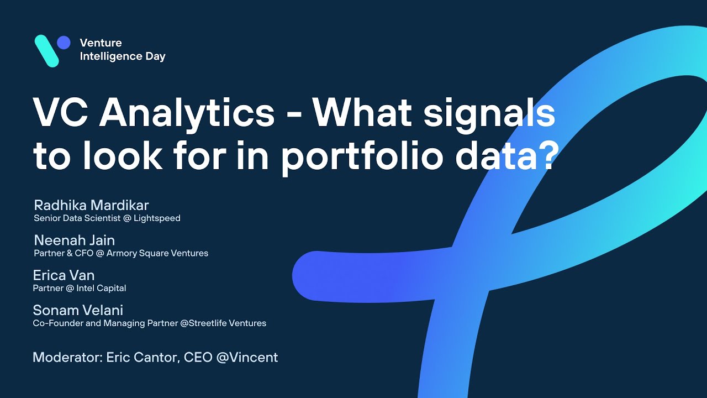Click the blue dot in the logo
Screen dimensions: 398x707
(64, 43)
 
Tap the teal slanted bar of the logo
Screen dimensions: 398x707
(47, 51)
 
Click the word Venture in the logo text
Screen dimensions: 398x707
(101, 43)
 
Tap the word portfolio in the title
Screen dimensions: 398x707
(362, 156)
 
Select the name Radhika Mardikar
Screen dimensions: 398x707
(91, 205)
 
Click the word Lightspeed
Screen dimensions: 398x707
(157, 218)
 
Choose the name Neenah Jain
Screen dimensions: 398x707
(75, 240)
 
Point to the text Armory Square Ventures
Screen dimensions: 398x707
(157, 253)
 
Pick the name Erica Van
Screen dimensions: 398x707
(64, 275)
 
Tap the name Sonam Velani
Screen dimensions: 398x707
(78, 310)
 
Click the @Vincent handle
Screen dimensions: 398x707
(247, 357)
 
